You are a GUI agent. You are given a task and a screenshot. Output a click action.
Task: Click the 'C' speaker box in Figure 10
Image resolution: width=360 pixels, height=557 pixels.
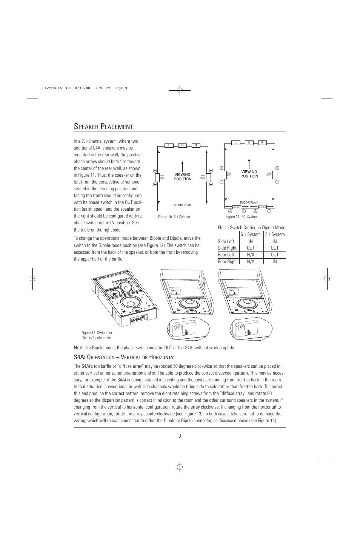tap(182, 145)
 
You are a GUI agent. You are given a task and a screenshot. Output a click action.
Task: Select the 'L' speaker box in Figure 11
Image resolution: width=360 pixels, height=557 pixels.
tap(235, 143)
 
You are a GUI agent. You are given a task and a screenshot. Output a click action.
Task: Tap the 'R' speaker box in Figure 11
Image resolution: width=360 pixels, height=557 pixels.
tap(262, 143)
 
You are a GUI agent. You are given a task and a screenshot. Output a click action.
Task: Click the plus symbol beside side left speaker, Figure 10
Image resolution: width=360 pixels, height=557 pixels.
tap(155, 171)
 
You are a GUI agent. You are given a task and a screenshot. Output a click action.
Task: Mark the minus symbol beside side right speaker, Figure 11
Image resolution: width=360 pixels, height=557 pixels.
tap(277, 182)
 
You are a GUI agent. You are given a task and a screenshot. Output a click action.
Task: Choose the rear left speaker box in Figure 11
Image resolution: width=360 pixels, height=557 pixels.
tap(237, 207)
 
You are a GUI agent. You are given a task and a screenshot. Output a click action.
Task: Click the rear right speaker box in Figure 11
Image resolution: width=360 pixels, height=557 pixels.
tap(262, 207)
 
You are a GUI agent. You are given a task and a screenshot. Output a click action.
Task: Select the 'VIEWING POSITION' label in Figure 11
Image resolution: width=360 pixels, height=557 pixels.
tap(249, 174)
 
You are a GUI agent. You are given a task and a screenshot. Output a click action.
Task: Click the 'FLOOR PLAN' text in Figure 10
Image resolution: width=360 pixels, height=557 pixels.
tap(182, 205)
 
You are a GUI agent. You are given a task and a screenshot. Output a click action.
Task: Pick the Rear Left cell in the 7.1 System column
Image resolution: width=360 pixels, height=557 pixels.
tap(275, 255)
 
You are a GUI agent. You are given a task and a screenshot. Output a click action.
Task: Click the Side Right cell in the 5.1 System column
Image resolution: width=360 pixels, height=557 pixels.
tap(251, 248)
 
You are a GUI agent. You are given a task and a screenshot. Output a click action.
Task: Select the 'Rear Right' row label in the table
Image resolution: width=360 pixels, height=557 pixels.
tap(227, 262)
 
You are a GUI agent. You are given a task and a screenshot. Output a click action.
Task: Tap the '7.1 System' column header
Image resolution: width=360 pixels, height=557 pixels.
tap(275, 235)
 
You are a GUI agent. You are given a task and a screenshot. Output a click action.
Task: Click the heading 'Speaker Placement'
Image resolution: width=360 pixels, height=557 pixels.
tap(103, 127)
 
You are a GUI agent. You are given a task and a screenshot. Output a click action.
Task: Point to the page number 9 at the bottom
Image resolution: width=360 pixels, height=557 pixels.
tap(180, 436)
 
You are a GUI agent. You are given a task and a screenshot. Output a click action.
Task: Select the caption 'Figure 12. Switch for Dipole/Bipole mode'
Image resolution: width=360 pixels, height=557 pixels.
tap(97, 335)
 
